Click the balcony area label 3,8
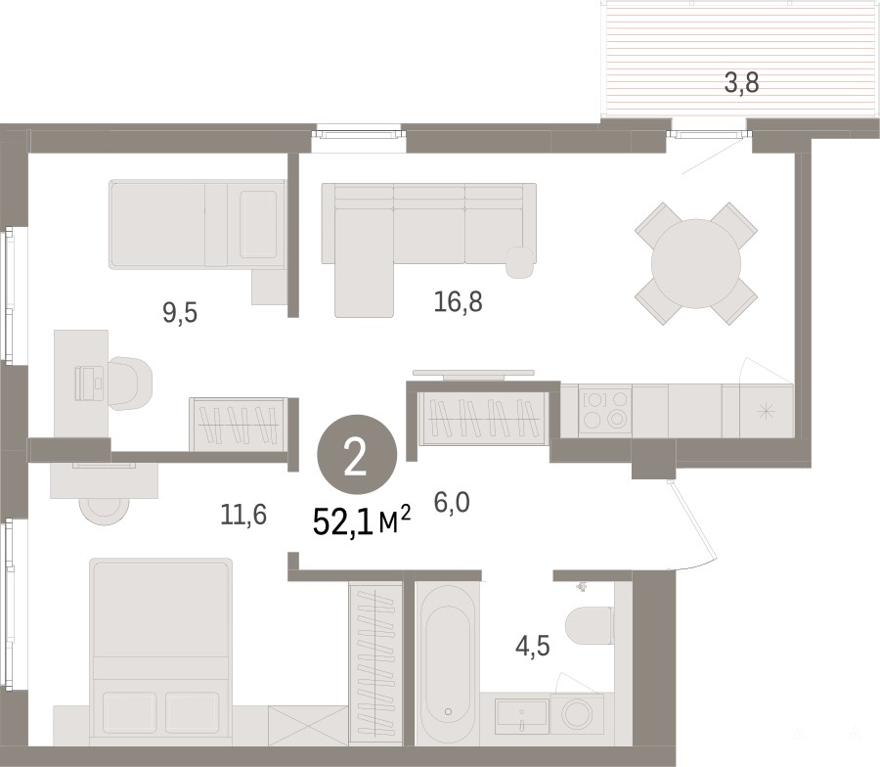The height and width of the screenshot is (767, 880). coord(741,83)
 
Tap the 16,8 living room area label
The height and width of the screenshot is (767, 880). coord(458,302)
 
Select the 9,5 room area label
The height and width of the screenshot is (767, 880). coord(180,312)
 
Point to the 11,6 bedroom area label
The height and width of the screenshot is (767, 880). coord(243,515)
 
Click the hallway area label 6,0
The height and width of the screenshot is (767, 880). coord(452,502)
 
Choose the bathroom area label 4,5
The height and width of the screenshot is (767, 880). coord(533,646)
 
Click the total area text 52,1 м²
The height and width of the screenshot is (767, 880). coord(362,521)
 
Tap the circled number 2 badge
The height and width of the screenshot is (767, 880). coord(357,454)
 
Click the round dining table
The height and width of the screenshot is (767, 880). coord(696,263)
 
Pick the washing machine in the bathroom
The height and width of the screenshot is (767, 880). coord(577,713)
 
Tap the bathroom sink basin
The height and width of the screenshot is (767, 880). coord(522,715)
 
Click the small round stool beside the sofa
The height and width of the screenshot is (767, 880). coord(519,262)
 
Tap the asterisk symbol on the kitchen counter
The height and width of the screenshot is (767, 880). coord(765,412)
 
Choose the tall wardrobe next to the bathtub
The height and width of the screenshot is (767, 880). coord(375,663)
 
